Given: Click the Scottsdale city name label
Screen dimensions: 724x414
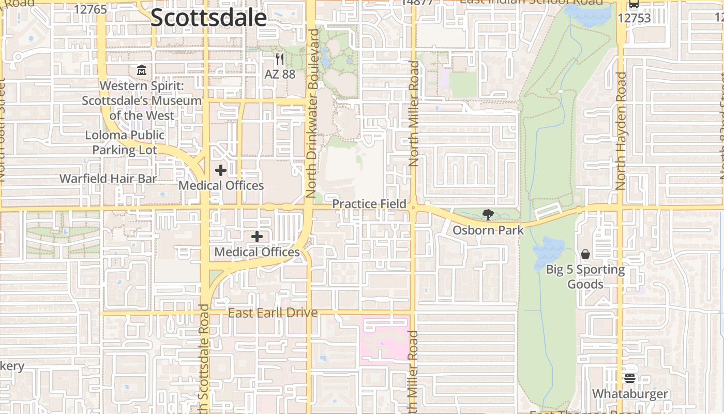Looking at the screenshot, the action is coord(208,18).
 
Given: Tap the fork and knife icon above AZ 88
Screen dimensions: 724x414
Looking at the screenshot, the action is coord(280,58).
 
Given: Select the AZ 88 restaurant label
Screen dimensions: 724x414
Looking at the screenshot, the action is coord(280,74).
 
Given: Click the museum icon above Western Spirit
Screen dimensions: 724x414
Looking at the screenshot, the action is coord(142,69).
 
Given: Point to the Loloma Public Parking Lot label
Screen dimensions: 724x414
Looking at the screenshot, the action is coord(125,142).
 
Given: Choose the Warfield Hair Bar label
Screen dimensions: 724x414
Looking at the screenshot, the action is coord(108,179).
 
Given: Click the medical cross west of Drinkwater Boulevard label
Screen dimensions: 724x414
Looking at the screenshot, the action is coord(221,170).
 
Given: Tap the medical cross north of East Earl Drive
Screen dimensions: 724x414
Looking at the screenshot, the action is coord(257,236).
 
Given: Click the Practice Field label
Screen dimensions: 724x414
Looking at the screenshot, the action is coord(369,204).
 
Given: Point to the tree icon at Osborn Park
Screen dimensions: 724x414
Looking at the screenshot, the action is coord(488,214).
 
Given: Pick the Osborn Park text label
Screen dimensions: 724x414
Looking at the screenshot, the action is coord(488,230).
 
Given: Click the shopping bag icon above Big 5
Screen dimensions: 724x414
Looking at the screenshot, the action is coord(585,254).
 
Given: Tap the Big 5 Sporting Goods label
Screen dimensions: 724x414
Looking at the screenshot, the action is coord(585,276).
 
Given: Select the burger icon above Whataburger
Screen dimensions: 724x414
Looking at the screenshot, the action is coord(629,378).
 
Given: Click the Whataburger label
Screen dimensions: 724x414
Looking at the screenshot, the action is coord(630,394).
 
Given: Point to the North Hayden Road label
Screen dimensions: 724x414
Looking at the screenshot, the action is coord(621,131).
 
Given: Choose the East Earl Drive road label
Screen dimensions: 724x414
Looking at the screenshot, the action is coord(273,313).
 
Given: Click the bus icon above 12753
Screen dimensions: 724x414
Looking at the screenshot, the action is coord(634,5).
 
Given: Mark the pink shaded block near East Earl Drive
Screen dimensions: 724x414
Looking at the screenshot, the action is coord(385,339).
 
